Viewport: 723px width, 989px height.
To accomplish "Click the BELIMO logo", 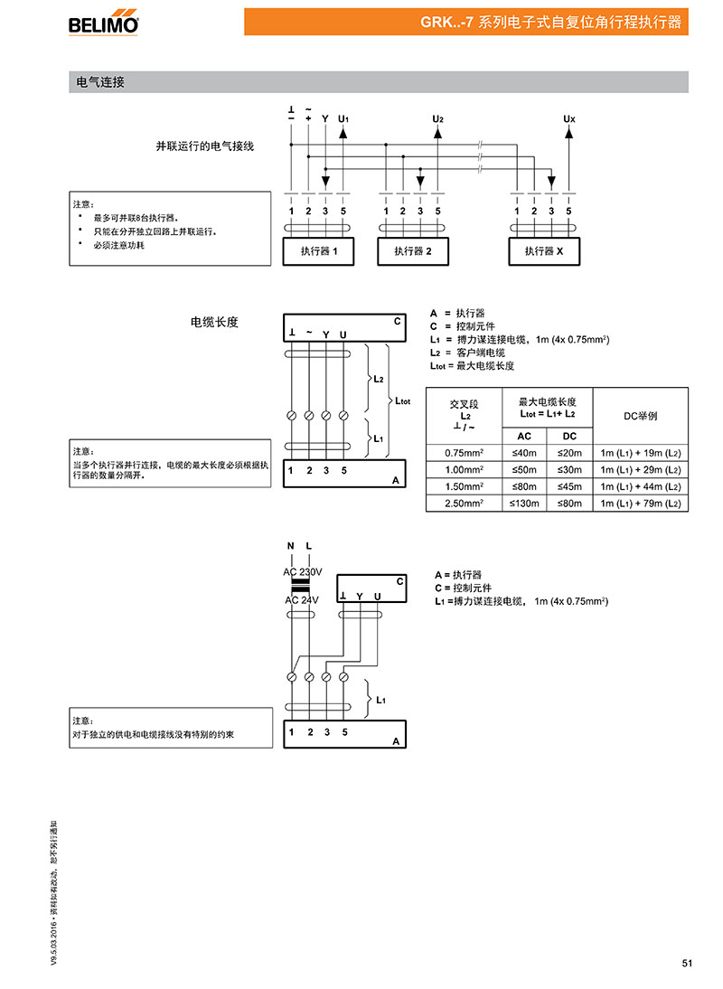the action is pos(103,23).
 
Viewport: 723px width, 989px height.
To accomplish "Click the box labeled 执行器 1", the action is pos(318,251).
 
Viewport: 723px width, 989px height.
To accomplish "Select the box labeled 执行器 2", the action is pos(413,251).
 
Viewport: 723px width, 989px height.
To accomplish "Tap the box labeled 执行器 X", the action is pos(544,251).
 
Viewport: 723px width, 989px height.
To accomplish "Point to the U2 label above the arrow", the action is pos(438,118).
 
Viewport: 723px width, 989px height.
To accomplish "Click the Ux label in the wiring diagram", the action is pos(569,118).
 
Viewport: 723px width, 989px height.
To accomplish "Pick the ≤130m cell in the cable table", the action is pos(524,504).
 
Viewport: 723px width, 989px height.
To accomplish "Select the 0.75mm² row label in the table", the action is pos(464,453).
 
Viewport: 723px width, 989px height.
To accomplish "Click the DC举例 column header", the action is pos(641,416).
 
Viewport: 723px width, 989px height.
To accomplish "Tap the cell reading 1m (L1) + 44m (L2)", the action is pos(641,486).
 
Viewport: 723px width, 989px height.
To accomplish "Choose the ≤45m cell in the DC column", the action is pos(570,486).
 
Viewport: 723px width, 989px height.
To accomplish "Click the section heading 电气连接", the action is pos(100,82).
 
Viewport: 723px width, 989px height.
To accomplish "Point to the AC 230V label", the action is pos(303,572).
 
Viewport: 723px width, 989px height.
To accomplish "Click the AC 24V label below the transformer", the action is pos(302,600).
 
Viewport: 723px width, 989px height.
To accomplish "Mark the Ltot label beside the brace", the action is pos(402,401).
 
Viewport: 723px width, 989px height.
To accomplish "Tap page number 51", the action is pos(687,963).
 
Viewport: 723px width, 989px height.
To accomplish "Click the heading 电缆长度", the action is pos(214,323).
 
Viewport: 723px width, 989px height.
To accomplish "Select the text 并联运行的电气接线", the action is pos(205,146).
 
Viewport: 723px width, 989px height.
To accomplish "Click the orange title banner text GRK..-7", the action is pos(447,22).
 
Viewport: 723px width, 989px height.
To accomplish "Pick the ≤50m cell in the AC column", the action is pos(524,470).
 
